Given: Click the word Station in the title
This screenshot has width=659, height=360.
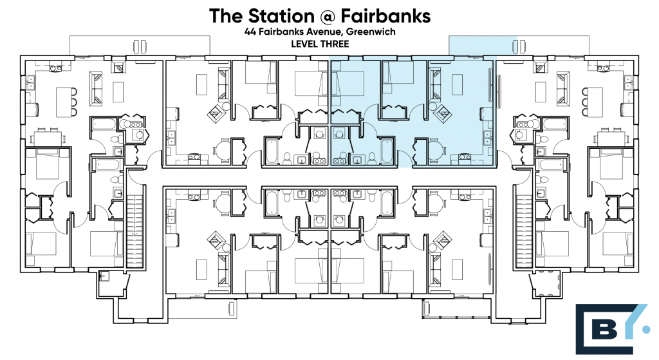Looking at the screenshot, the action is point(281,16).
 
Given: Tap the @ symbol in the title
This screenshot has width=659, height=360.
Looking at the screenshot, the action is point(328,16).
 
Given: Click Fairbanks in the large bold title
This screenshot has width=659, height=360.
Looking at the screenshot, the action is point(386,16).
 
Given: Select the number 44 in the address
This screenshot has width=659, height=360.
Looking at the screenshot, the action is point(250,32).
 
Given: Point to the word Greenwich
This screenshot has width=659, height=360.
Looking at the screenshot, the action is point(371,32).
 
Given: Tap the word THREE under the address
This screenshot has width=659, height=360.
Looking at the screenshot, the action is point(335,44).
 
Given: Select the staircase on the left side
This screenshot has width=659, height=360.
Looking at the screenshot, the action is point(135,225).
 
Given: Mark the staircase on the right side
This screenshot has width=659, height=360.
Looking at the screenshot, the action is point(524,225).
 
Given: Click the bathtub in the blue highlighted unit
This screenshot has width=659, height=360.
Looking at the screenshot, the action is point(387,151).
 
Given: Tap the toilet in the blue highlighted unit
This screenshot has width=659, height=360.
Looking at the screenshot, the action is point(371,158).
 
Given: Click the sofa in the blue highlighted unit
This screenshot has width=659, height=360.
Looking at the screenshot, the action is point(434,85).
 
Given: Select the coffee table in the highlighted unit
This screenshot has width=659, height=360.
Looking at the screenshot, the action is point(458,84).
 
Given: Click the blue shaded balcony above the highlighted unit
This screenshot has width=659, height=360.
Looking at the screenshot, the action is point(473,46).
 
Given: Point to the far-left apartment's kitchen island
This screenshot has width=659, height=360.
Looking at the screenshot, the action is point(64,102).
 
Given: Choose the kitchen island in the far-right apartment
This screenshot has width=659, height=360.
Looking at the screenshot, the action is point(595,102).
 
